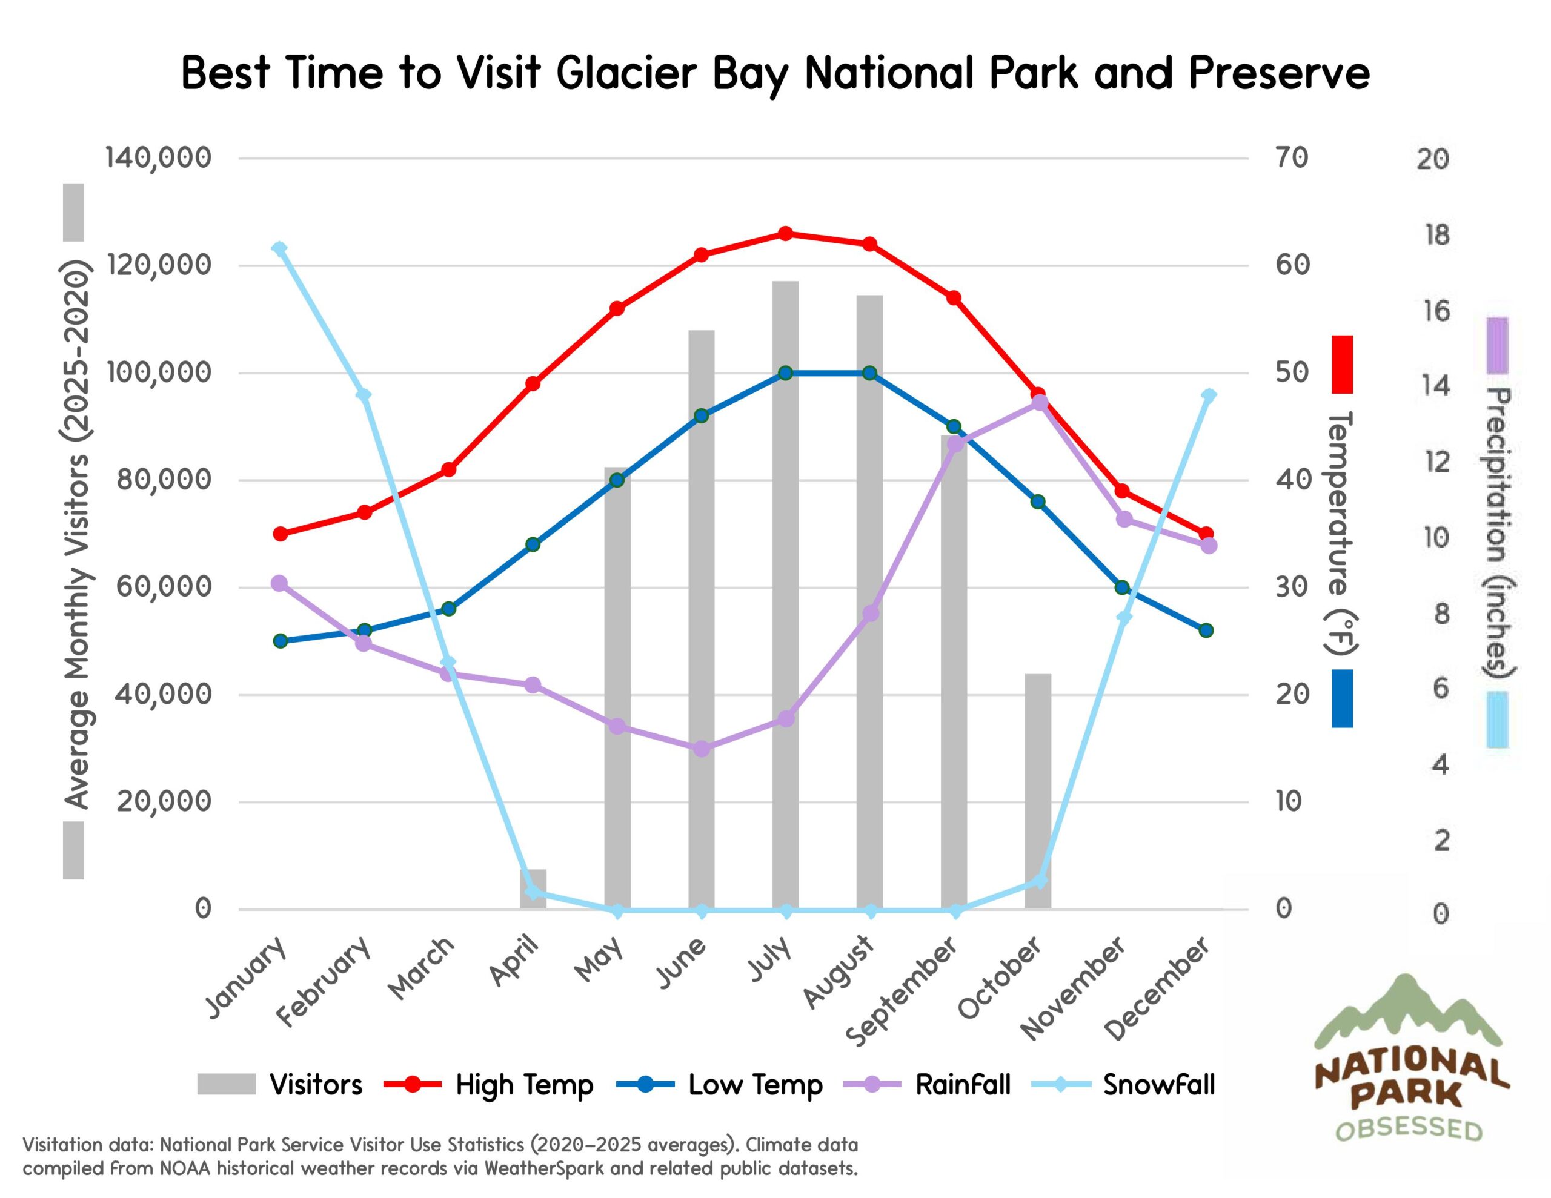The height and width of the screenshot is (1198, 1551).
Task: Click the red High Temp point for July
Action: [x=785, y=234]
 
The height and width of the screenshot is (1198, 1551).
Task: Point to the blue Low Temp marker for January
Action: [x=280, y=641]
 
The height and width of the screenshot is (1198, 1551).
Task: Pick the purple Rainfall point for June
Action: [x=701, y=749]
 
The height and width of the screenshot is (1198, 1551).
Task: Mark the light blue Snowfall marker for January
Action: [x=280, y=248]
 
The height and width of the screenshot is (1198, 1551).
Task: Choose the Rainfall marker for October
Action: [x=1040, y=403]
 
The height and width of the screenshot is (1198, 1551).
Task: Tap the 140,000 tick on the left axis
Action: [x=158, y=157]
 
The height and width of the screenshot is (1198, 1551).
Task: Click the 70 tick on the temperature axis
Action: [x=1291, y=157]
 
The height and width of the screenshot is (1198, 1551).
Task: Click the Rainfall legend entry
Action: [x=961, y=1084]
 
